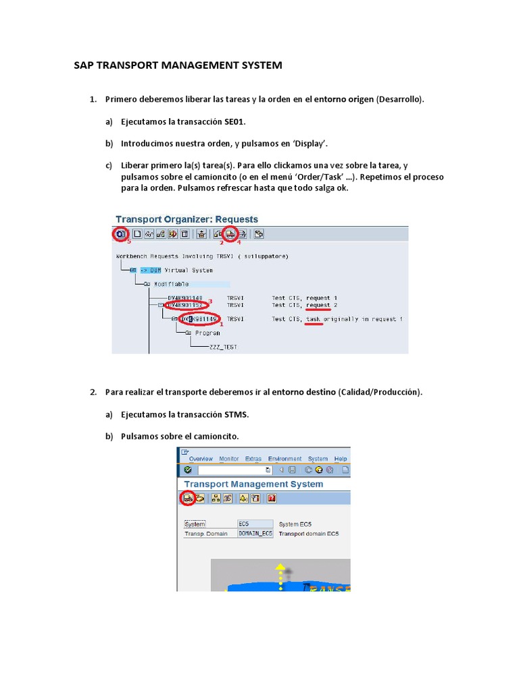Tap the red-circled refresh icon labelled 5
click(120, 234)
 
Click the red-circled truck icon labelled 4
click(231, 234)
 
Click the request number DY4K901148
click(184, 297)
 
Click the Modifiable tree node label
click(172, 284)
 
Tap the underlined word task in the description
click(314, 319)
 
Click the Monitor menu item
click(229, 459)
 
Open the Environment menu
click(285, 459)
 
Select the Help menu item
click(341, 459)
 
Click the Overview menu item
click(201, 459)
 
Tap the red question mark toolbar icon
click(272, 498)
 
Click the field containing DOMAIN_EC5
click(255, 533)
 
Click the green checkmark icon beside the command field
click(187, 470)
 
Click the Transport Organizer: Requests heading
click(187, 219)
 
